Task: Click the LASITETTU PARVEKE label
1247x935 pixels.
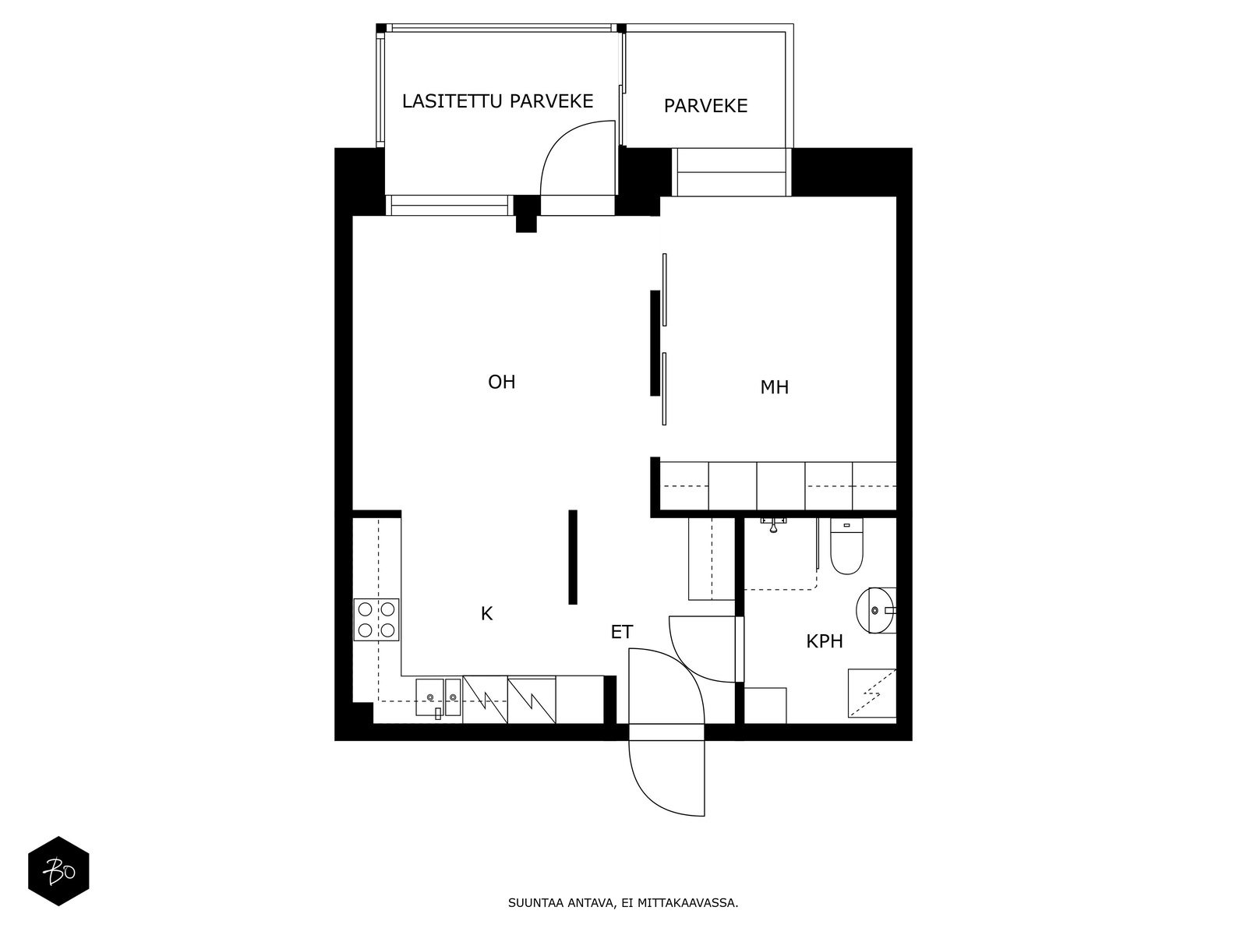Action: (497, 101)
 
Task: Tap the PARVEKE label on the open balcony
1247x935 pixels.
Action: (705, 106)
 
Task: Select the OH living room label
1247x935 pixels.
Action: (501, 382)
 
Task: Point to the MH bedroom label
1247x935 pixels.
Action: (774, 387)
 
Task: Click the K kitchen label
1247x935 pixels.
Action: (486, 614)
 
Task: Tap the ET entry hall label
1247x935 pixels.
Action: (621, 633)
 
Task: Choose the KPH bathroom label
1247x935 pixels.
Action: (824, 642)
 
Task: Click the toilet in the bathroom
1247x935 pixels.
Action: (846, 548)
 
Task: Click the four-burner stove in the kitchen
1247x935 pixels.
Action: (376, 619)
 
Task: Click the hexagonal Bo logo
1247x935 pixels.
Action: (58, 871)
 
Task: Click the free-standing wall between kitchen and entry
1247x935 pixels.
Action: (573, 556)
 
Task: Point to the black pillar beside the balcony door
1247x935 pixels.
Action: (526, 213)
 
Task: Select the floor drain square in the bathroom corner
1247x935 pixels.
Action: (871, 693)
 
